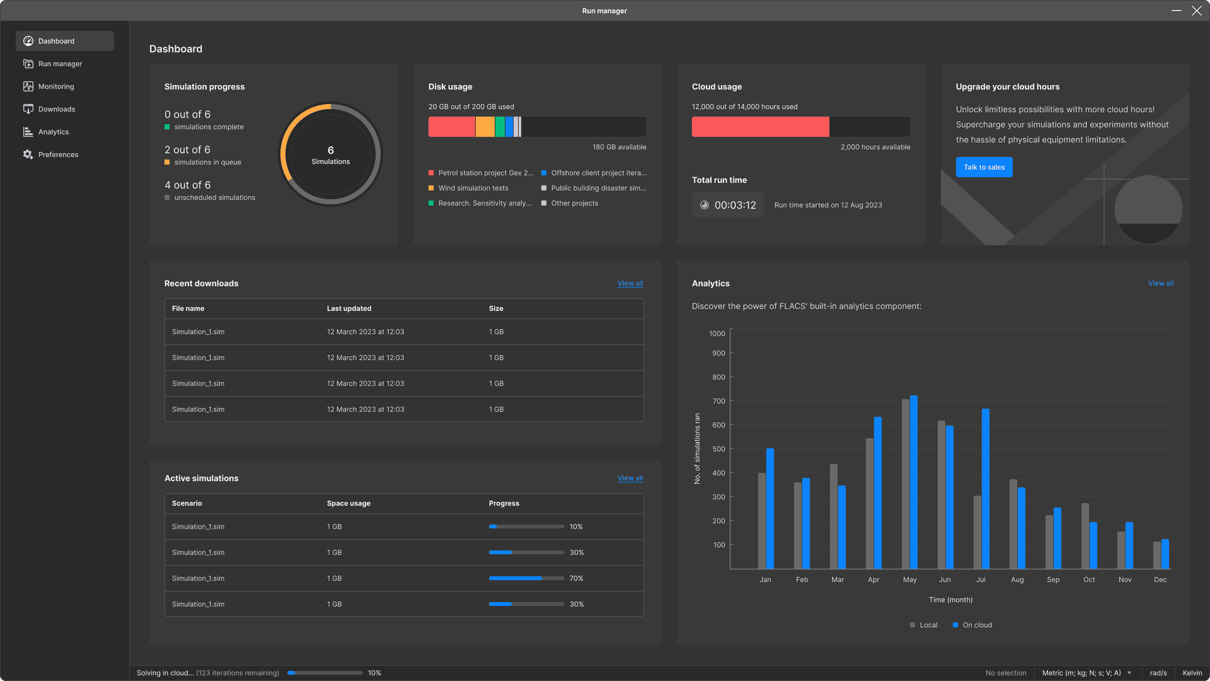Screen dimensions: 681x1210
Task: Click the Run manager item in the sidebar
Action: [x=60, y=64]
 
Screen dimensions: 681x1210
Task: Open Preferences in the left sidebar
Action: [x=58, y=154]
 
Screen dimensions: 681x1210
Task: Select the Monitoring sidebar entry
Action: [x=56, y=86]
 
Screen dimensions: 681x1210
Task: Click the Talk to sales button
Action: [x=984, y=167]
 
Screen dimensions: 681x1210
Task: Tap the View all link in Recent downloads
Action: [x=630, y=283]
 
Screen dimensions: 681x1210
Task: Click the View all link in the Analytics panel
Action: [x=1160, y=283]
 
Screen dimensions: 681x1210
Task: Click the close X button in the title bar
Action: [x=1196, y=11]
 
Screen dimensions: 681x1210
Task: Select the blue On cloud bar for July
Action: [x=986, y=489]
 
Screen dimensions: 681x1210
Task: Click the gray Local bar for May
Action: [x=906, y=484]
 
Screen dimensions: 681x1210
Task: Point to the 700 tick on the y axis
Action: [x=718, y=401]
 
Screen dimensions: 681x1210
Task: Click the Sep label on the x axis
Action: [x=1053, y=579]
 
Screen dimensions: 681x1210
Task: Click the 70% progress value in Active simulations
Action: [x=576, y=578]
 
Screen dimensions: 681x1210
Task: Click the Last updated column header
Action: [x=349, y=308]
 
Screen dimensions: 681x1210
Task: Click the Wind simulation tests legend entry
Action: [x=473, y=188]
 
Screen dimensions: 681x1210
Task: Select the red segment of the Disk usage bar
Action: [x=451, y=127]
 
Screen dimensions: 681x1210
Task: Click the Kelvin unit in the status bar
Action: [x=1192, y=673]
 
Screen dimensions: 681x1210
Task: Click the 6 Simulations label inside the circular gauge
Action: [x=330, y=155]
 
